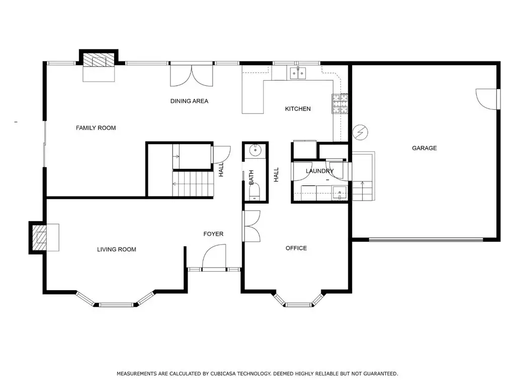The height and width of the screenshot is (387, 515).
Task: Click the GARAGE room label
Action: tap(424, 148)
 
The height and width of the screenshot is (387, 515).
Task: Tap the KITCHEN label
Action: tap(298, 109)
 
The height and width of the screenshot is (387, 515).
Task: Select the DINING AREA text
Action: tap(189, 101)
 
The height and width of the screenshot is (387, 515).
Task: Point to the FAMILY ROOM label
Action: tap(96, 128)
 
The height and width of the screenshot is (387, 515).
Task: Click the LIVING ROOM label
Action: tap(117, 249)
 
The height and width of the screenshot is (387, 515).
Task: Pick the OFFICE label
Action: tap(296, 248)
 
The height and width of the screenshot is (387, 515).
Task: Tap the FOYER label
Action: tap(213, 234)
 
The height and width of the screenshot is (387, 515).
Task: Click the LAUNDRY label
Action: tap(319, 171)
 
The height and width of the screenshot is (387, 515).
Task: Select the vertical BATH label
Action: tap(251, 177)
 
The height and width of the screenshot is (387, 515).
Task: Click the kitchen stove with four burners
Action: tap(340, 103)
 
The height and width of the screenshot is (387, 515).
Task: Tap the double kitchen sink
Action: tap(298, 73)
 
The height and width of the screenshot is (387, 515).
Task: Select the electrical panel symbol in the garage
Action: tap(360, 133)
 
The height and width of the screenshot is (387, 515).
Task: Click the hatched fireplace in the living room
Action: tap(39, 237)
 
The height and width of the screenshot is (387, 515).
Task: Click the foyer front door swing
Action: tap(214, 257)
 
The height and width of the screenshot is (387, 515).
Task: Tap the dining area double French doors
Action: tap(192, 76)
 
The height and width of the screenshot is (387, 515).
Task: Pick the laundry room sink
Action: tap(339, 193)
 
